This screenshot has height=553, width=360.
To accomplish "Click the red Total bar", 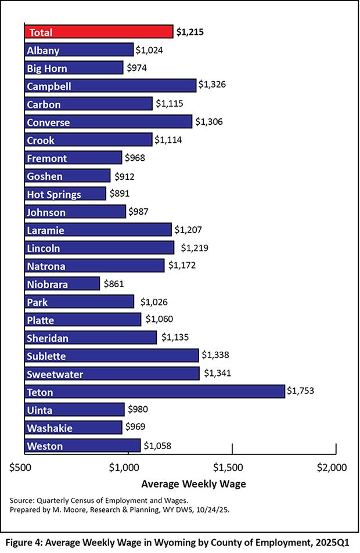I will coord(99,32).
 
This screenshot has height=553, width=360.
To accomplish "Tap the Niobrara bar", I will coord(63,284).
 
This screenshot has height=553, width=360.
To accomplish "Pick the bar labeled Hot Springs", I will coord(66,194).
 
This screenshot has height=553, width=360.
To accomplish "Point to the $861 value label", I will coord(114,284).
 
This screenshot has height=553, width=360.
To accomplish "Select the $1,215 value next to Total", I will coord(190,32).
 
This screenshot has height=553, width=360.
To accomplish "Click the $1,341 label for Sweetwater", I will coord(217,374).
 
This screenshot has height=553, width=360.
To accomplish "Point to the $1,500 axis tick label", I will coord(231,467).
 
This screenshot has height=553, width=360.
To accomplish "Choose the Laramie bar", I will coord(98,230).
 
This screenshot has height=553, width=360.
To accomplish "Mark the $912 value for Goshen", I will coord(124,176).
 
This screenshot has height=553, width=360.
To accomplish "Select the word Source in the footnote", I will coord(23,500).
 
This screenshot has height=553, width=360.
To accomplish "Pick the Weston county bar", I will coord(83,446).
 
